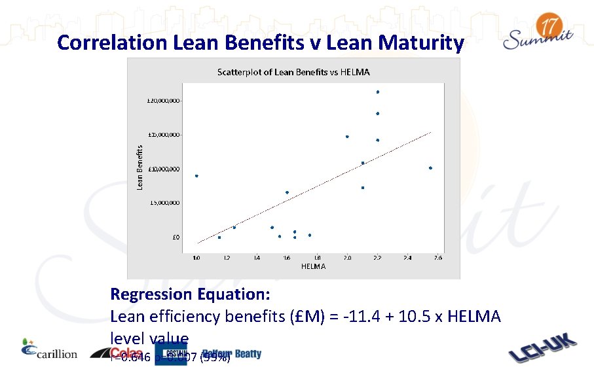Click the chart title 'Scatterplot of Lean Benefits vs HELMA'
point(293,72)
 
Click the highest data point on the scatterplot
point(378,92)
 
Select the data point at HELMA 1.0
point(196,176)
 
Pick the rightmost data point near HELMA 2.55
point(430,168)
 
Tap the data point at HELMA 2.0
point(347,137)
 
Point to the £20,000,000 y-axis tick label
point(164,101)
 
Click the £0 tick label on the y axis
point(176,238)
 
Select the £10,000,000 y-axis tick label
point(164,169)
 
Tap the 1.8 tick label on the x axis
point(317,258)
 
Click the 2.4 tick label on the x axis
point(407,258)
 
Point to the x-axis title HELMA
point(313,266)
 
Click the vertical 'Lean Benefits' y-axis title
point(139,168)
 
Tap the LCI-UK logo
point(543,349)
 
